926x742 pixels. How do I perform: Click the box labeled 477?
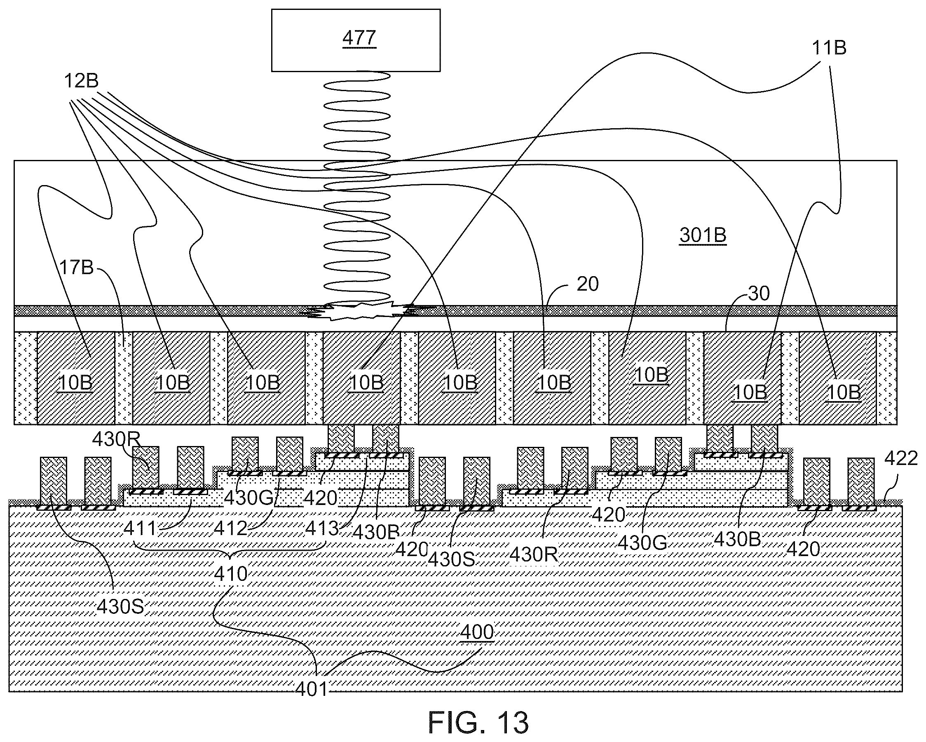coord(356,40)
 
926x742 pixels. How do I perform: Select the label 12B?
coord(81,81)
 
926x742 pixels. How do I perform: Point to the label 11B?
coord(828,48)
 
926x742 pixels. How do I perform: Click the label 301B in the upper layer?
coord(703,235)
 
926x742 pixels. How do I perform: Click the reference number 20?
coord(587,284)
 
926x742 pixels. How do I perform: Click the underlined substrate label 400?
coord(477,632)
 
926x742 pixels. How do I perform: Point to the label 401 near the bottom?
coord(312,689)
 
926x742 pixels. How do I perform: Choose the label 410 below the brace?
coord(231,573)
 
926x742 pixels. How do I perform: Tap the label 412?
coord(231,528)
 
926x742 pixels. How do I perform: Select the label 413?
coord(322,528)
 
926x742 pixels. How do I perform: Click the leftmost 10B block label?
coord(75,383)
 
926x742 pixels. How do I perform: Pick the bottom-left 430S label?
coord(120,607)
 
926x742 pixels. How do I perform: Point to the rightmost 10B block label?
coord(844,392)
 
